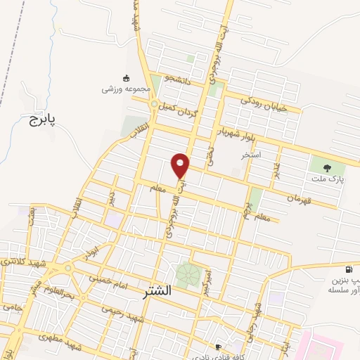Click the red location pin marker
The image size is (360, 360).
pos(181,166)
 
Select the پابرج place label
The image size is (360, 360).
pos(41,120)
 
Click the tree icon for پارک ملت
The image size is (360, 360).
pos(327,167)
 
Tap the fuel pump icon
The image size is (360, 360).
pos(348,269)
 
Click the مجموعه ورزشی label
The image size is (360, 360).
pos(126,89)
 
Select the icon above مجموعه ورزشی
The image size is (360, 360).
pos(126,77)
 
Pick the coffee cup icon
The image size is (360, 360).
pos(218,347)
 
